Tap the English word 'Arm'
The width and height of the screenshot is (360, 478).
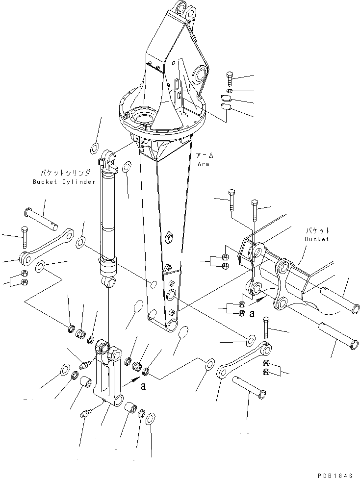204,165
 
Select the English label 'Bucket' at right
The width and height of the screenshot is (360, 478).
317,239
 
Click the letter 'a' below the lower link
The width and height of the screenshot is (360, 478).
143,386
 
